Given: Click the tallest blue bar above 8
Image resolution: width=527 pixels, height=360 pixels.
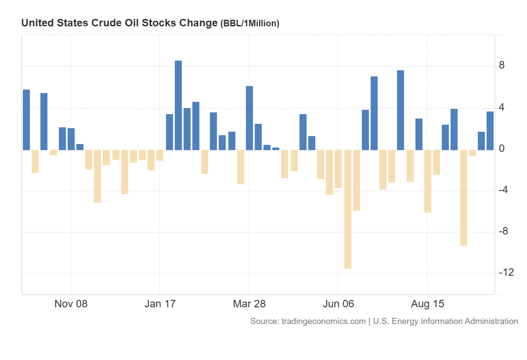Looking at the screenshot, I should (x=178, y=105).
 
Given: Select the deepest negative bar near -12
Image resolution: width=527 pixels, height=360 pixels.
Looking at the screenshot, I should (x=348, y=209).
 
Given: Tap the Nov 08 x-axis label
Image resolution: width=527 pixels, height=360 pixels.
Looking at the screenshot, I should (x=71, y=304).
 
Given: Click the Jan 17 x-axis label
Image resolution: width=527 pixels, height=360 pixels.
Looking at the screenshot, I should (x=160, y=304).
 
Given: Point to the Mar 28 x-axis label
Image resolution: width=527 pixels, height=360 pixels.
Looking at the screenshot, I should (x=249, y=304).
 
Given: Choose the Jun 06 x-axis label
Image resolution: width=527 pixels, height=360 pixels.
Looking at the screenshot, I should (x=338, y=304).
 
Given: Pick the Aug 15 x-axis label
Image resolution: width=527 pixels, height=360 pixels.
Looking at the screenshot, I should (x=427, y=304).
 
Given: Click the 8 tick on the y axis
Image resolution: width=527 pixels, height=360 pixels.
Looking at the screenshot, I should (x=502, y=66).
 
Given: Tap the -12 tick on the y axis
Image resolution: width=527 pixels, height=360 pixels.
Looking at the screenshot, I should (x=506, y=273).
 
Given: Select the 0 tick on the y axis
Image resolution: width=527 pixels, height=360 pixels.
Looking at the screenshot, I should (x=502, y=149).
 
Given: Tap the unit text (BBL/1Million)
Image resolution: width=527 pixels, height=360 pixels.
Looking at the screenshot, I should (x=249, y=24).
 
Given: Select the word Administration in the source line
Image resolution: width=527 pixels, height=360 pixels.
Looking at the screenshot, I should (x=491, y=321).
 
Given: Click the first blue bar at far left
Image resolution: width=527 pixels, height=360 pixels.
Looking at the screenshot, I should (x=26, y=119).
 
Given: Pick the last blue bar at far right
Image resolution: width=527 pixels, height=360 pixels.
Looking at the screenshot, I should (x=490, y=130).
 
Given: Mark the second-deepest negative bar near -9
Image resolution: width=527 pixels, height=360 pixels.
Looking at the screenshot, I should (x=464, y=198).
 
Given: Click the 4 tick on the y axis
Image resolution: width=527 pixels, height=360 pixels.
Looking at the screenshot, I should (x=502, y=108).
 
